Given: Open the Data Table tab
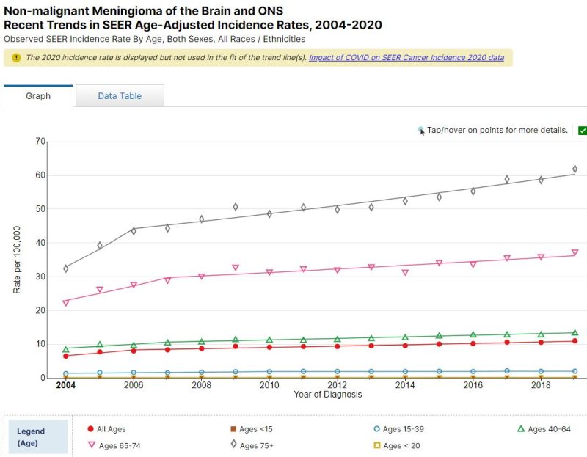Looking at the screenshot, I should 120,96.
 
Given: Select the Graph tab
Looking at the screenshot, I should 38,96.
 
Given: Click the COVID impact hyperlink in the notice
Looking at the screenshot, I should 406,57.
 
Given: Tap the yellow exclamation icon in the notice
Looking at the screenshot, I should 16,57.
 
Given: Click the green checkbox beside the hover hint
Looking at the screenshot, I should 583,131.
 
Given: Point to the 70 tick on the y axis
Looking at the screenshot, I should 41,142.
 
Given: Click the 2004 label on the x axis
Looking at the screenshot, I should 65,384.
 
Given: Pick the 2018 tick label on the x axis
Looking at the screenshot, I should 541,384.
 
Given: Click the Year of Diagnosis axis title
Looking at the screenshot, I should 327,395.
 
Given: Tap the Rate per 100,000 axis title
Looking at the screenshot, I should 17,260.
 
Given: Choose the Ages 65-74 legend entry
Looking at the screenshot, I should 121,445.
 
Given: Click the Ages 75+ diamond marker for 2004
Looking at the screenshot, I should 66,268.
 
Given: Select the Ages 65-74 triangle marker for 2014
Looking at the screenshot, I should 405,272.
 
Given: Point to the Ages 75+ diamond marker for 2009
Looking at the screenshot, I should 236,207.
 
